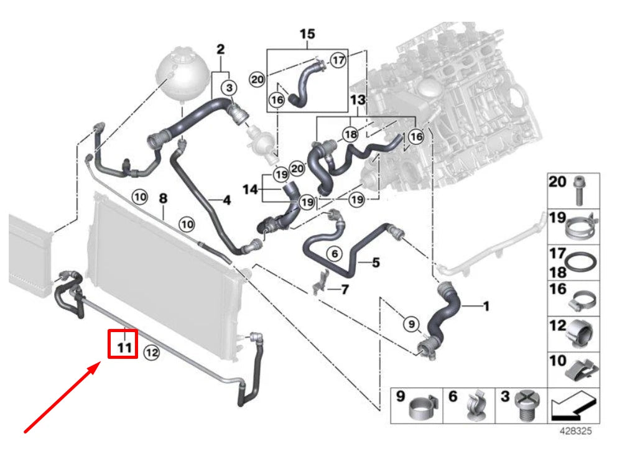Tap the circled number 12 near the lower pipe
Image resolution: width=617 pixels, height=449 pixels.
[x=152, y=353]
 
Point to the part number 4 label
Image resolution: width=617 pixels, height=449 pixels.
[x=226, y=200]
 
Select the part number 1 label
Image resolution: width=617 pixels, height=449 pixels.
[x=486, y=305]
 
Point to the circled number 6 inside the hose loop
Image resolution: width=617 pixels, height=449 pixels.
[x=334, y=253]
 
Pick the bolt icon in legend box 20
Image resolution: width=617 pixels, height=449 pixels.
[x=580, y=191]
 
